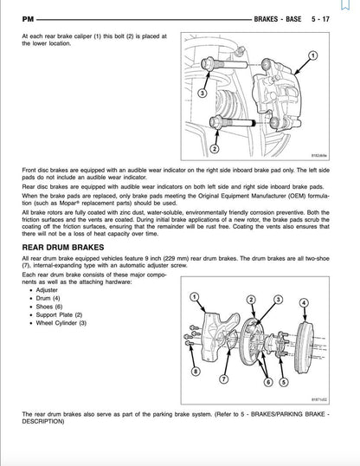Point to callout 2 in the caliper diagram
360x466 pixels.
click(x=214, y=149)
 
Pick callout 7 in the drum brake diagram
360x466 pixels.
click(x=223, y=379)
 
